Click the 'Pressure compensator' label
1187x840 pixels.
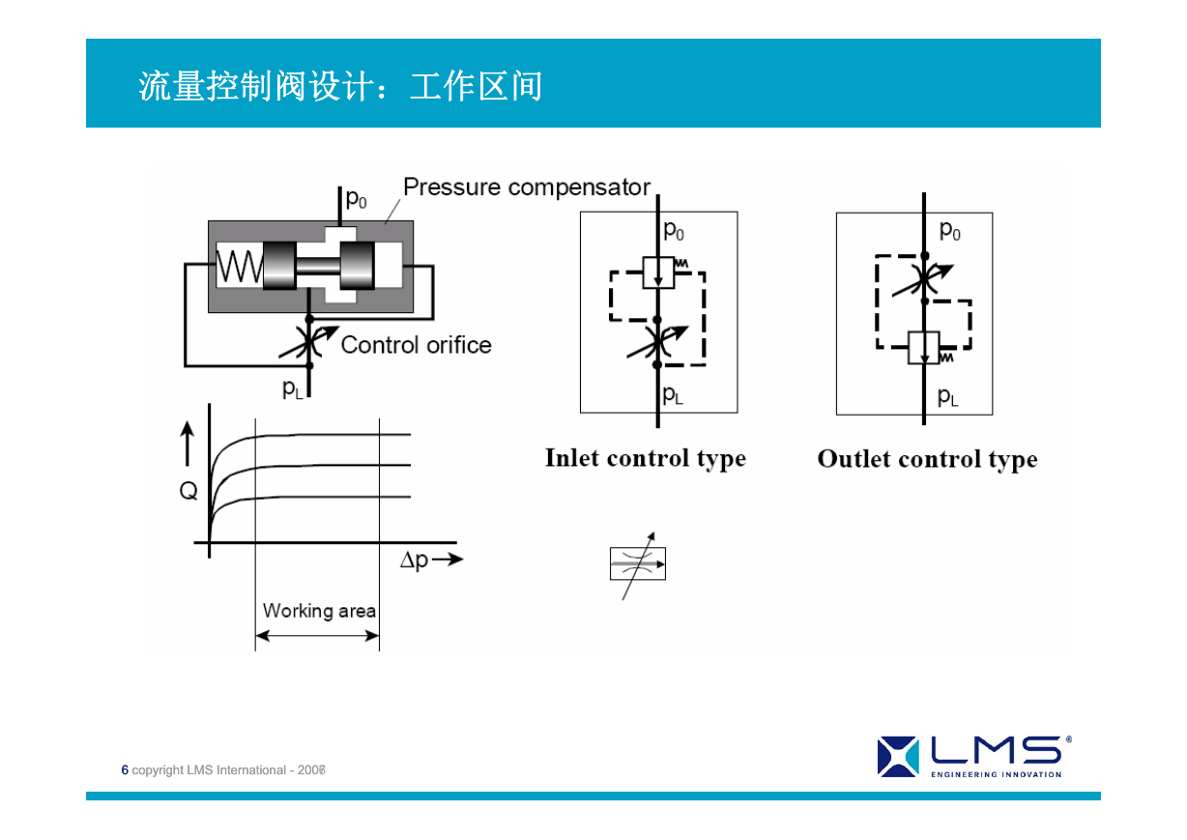click(x=526, y=188)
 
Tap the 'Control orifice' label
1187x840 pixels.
click(x=416, y=345)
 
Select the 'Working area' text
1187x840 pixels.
click(x=319, y=611)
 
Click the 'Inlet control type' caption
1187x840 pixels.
click(x=646, y=459)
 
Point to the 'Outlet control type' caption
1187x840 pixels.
click(x=927, y=460)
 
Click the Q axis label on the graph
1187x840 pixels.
click(x=188, y=491)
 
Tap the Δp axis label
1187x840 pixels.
click(x=415, y=561)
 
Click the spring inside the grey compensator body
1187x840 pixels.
click(x=240, y=266)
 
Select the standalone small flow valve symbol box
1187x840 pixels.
click(x=638, y=564)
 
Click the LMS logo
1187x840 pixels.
click(x=974, y=757)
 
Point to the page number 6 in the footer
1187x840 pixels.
click(x=125, y=769)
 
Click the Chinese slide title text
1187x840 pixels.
click(x=340, y=86)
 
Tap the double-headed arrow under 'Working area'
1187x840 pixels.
click(x=317, y=635)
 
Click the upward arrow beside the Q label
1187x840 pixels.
click(x=188, y=444)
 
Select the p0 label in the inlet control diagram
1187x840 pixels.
click(x=674, y=230)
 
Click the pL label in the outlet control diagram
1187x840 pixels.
click(x=947, y=396)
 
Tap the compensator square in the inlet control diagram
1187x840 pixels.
click(x=658, y=273)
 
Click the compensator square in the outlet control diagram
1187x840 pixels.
click(x=924, y=348)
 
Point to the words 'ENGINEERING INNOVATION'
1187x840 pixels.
click(x=997, y=774)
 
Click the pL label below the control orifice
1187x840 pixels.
click(x=293, y=389)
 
